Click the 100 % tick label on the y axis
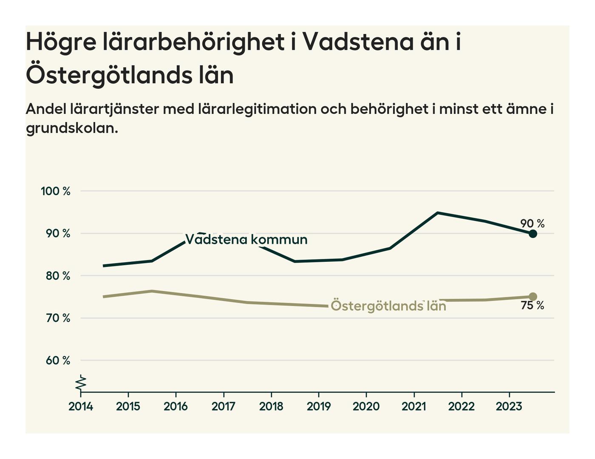pos(55,191)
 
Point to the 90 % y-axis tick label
pos(55,233)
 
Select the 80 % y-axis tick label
pos(55,276)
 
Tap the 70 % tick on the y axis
pos(55,318)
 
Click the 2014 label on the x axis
pos(81,407)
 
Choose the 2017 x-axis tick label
pos(224,407)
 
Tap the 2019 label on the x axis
pos(319,407)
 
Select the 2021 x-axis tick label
pos(414,407)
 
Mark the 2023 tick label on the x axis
pos(509,407)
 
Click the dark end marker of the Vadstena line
pos(533,233)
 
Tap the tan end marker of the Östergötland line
pos(533,297)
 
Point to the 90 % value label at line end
pos(532,224)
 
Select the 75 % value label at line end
pos(532,306)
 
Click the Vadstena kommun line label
pos(246,240)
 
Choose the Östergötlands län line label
pos(388,306)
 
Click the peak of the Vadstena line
pos(438,212)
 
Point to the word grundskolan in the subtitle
pos(72,128)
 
